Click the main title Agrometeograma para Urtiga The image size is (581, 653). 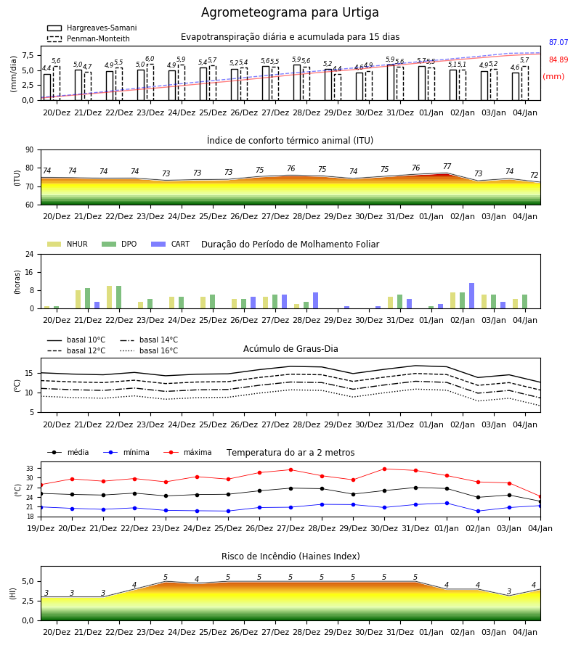coord(290,12)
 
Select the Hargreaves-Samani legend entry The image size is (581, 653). coord(92,28)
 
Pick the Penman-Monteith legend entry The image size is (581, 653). coord(89,38)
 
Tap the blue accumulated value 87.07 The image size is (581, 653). coord(558,43)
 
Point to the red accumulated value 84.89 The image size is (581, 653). coord(558,59)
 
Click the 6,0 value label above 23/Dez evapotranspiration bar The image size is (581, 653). coord(150,59)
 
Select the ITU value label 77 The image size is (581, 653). coord(447,166)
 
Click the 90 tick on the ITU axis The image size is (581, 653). coord(30,150)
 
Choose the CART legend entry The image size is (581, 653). coord(171,244)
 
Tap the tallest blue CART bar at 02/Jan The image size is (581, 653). coord(472,296)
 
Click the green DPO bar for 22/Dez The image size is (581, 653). coord(119,297)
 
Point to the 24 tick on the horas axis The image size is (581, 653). coord(30,254)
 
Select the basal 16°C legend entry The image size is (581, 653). coord(149,350)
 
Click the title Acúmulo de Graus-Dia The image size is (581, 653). coord(290,348)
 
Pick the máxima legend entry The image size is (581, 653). coord(187,452)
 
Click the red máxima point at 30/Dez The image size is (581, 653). coord(384,469)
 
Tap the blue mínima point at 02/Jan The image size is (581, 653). coord(478,511)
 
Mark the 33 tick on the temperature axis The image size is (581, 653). coord(30,469)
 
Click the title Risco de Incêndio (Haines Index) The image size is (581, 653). coord(290,556)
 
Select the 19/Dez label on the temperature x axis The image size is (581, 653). coord(41,528)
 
